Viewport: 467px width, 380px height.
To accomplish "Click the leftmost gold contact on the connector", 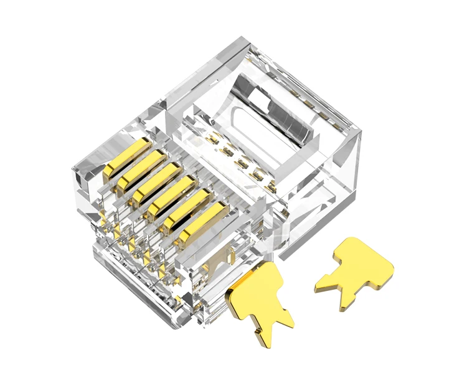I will click(126, 159).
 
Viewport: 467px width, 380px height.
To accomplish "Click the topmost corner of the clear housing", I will click(240, 39).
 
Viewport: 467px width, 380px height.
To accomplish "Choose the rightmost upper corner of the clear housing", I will click(360, 132).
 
